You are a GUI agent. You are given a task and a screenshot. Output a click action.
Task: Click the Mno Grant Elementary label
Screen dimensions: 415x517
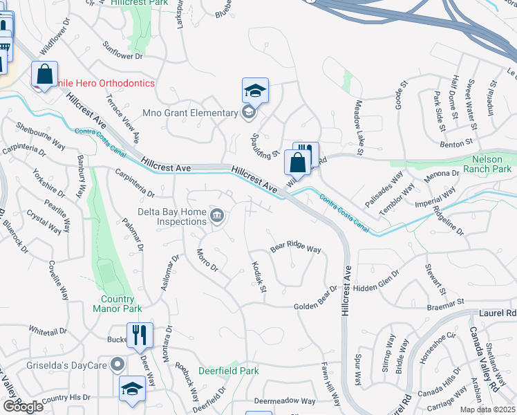(189, 113)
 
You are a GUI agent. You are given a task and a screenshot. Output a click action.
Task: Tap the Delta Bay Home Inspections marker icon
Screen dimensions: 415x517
(217, 219)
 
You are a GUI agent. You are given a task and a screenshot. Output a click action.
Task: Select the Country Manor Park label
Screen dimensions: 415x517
(117, 304)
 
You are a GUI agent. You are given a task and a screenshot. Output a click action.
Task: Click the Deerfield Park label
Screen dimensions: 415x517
(229, 371)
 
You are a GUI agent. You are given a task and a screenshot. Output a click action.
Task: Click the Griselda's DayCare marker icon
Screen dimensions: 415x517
(118, 363)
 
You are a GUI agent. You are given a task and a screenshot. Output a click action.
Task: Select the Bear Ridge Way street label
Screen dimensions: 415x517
(296, 248)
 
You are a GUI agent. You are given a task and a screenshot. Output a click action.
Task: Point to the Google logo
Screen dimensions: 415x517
(23, 407)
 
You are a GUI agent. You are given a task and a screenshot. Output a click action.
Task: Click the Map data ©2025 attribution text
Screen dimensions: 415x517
(487, 409)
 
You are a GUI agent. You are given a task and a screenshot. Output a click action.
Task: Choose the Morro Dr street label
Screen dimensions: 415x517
(207, 260)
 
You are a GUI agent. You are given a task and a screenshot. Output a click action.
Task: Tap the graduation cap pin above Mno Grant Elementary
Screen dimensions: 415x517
(254, 91)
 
